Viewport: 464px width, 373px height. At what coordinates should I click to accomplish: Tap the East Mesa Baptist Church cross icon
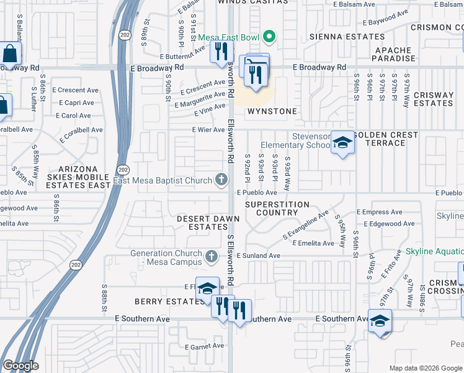[221, 181]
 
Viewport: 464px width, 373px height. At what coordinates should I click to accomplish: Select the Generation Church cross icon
[212, 256]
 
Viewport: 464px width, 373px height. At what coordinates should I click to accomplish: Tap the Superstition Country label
[277, 208]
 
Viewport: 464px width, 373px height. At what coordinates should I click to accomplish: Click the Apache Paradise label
[393, 54]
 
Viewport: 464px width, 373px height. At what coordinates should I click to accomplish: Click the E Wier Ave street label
[208, 130]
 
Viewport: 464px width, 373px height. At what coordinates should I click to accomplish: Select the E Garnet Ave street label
[204, 346]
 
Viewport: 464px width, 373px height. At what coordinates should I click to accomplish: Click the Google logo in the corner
[20, 366]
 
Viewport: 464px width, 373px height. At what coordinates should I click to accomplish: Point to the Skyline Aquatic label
[434, 252]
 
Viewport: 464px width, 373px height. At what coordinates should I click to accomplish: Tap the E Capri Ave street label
[76, 103]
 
